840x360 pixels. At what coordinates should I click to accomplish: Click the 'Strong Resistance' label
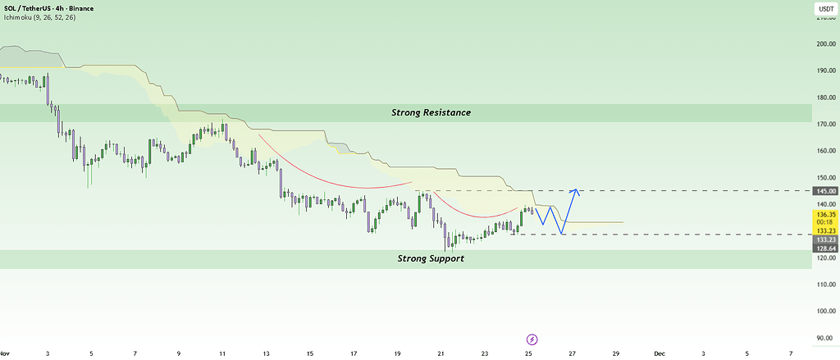coord(431,112)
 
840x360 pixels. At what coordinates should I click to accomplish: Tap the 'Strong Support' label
coord(431,258)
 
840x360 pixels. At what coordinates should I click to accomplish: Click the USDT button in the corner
coord(823,10)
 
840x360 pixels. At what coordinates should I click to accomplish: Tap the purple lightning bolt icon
coord(532,339)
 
